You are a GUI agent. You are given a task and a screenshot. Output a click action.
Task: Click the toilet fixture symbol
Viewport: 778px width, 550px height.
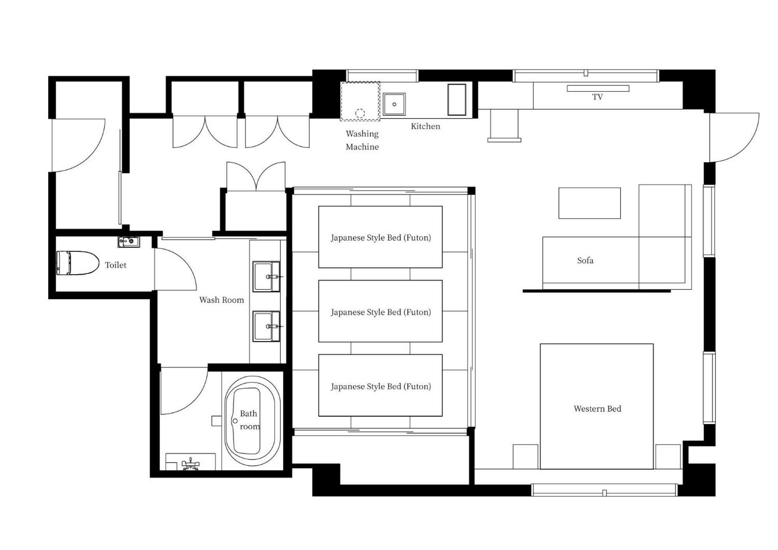click(x=78, y=263)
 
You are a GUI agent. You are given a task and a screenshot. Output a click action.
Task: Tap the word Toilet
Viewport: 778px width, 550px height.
click(x=116, y=265)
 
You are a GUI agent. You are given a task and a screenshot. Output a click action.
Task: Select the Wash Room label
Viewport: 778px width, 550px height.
click(x=221, y=300)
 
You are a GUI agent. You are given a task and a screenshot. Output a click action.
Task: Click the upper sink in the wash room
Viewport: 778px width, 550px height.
click(x=266, y=276)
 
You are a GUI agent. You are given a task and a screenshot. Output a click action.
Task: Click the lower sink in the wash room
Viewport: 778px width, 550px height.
click(x=266, y=326)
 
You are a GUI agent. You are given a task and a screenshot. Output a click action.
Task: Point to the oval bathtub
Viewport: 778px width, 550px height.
click(x=252, y=421)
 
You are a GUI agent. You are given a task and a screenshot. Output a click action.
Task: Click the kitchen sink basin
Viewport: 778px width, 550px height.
click(x=394, y=104)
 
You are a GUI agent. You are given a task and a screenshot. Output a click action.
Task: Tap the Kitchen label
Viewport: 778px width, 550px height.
click(x=425, y=126)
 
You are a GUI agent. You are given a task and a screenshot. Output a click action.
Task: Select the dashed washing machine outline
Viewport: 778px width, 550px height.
click(x=360, y=101)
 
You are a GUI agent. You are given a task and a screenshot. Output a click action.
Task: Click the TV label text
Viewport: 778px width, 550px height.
click(x=597, y=97)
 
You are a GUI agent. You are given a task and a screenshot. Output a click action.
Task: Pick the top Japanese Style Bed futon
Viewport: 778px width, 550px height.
click(x=380, y=237)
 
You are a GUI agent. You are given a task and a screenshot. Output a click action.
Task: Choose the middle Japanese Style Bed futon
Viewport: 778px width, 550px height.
click(x=380, y=312)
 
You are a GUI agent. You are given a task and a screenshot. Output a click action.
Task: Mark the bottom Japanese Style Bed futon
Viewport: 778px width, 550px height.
click(x=380, y=386)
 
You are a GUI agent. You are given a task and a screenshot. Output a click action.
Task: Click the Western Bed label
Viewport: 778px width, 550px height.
click(x=597, y=408)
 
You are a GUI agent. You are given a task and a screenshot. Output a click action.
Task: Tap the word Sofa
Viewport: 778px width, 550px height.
click(x=585, y=260)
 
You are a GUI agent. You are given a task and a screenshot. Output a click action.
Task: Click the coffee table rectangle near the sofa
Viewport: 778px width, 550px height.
click(x=589, y=203)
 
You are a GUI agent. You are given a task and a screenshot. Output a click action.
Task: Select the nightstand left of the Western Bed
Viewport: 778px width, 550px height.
click(x=525, y=457)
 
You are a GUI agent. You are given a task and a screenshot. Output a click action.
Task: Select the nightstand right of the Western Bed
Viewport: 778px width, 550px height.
click(x=667, y=457)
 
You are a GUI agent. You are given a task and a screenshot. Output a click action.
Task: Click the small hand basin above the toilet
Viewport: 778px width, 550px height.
click(x=128, y=242)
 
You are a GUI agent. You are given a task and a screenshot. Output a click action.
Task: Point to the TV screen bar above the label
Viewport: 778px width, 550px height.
click(x=598, y=88)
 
